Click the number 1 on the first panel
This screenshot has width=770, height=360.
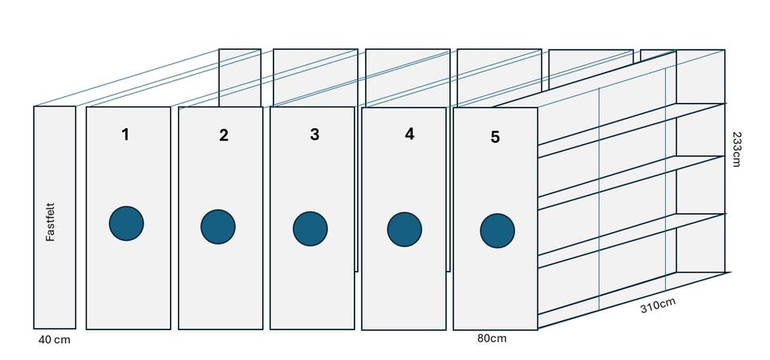coord(126,134)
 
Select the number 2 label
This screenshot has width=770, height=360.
coord(224,135)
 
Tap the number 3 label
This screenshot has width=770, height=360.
coord(314,134)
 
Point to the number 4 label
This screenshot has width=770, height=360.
coord(410,134)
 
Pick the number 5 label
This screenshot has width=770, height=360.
coord(495,137)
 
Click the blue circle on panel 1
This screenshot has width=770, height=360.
coord(126,224)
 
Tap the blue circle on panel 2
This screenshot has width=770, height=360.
coord(218,227)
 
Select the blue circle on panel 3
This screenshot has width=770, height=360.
coord(310,229)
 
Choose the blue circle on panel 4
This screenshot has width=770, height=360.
coord(404,229)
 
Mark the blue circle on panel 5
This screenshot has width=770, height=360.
coord(497,231)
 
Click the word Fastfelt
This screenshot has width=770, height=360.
coord(50,222)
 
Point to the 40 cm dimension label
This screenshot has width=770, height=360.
coord(54,340)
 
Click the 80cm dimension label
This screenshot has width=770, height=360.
coord(492,338)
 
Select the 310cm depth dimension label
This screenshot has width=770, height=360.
coord(658,305)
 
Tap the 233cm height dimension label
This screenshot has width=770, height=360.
coord(736,149)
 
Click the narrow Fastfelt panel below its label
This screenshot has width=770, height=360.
coord(55,285)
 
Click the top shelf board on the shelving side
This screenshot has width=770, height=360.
coord(632,130)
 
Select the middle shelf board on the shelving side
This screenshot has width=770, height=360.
coord(632,183)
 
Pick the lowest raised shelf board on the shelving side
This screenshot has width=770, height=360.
coord(632,241)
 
